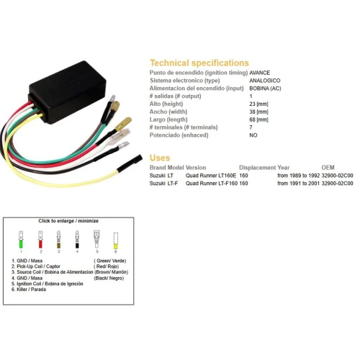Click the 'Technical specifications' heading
pyautogui.click(x=199, y=63)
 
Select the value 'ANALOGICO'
pyautogui.click(x=265, y=81)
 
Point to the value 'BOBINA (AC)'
pyautogui.click(x=265, y=89)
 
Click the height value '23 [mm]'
pyautogui.click(x=258, y=104)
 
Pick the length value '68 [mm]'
pyautogui.click(x=258, y=120)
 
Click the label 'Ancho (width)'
pyautogui.click(x=168, y=112)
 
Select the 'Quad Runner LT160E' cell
pyautogui.click(x=211, y=176)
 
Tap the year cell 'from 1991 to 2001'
pyautogui.click(x=298, y=184)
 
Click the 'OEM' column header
pyautogui.click(x=328, y=168)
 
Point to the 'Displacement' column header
pyautogui.click(x=258, y=168)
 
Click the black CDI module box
pyautogui.click(x=68, y=92)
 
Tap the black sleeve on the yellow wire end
pyautogui.click(x=130, y=163)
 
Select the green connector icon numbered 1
pyautogui.click(x=21, y=240)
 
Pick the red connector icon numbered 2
pyautogui.click(x=40, y=240)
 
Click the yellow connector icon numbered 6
pyautogui.click(x=116, y=240)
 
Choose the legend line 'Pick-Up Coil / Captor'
pyautogui.click(x=36, y=266)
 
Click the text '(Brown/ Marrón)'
pyautogui.click(x=111, y=272)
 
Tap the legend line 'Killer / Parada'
pyautogui.click(x=29, y=289)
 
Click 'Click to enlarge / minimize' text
pyautogui.click(x=68, y=221)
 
